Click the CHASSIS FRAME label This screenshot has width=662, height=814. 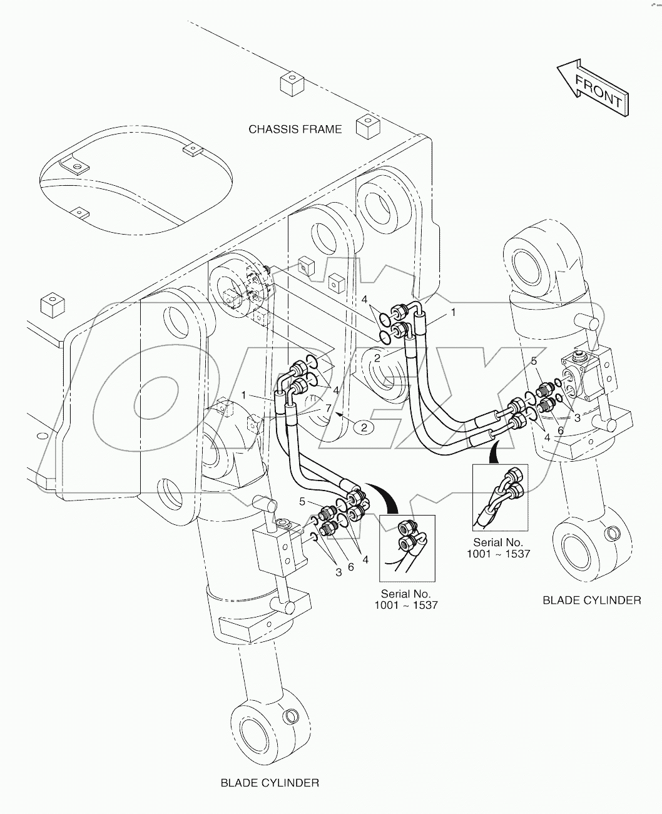[295, 130]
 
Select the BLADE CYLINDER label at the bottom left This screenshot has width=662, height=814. [270, 783]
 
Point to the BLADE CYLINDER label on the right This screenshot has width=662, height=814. [591, 600]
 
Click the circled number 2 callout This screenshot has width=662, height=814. [364, 427]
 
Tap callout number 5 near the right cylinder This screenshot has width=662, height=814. [534, 360]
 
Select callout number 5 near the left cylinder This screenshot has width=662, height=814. [302, 501]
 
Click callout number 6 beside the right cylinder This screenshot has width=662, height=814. [561, 430]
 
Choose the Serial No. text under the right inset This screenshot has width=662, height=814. [498, 548]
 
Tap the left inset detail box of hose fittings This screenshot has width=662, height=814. [406, 547]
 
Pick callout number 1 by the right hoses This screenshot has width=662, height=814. [454, 311]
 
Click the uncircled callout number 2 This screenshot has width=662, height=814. [377, 357]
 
